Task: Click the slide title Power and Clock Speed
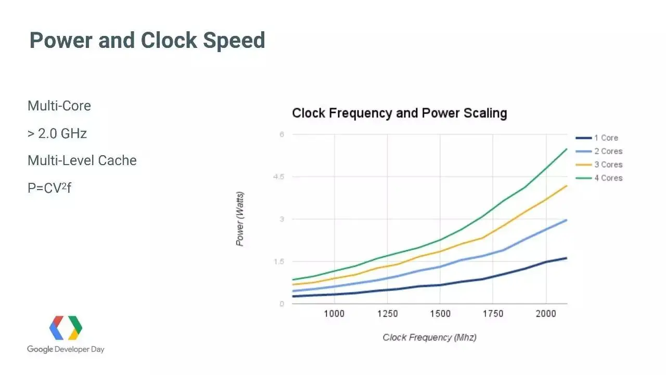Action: point(147,40)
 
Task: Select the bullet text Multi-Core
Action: point(59,106)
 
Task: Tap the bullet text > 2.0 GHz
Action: point(57,133)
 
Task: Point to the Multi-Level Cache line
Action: point(82,160)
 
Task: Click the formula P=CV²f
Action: point(49,187)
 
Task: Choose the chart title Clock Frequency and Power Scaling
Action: point(399,113)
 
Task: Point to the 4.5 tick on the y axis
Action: point(279,177)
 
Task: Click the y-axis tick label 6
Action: point(282,134)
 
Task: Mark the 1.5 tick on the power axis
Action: point(279,261)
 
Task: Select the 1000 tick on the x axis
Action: point(334,314)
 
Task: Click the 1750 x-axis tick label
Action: point(493,314)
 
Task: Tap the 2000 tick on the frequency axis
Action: point(546,314)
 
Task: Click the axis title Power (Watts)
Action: point(240,219)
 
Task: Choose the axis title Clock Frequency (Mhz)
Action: point(429,337)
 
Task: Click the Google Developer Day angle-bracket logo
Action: point(66,328)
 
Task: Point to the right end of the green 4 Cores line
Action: point(566,149)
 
